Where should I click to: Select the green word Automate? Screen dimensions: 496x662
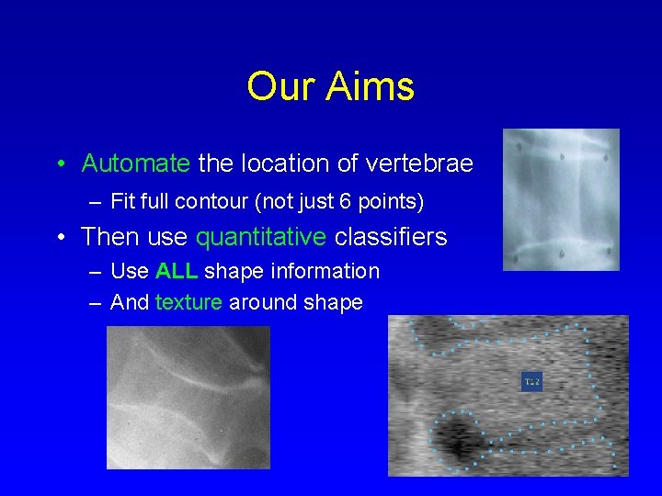coord(135,163)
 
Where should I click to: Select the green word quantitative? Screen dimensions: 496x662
coord(260,237)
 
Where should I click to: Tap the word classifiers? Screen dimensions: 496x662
coord(390,237)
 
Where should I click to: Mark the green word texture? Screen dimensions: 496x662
coord(188,302)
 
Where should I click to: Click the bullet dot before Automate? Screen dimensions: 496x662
coord(59,164)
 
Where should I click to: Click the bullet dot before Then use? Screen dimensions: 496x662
coord(59,238)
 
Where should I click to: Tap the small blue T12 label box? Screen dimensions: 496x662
coord(531,381)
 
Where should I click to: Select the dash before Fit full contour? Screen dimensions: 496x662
coord(96,201)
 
